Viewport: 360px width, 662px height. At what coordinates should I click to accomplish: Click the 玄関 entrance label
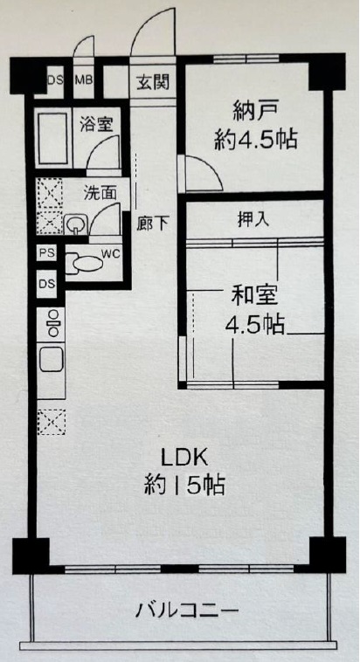click(x=153, y=81)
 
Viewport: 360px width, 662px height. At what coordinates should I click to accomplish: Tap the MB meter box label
click(x=84, y=79)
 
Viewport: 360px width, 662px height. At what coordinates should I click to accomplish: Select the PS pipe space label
click(x=46, y=253)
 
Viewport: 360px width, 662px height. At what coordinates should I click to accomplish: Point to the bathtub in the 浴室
click(x=52, y=137)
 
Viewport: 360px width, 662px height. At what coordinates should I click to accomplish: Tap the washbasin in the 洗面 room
click(x=75, y=224)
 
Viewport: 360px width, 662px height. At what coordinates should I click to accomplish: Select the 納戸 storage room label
click(x=255, y=114)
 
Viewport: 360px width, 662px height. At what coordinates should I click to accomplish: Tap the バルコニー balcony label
click(x=187, y=610)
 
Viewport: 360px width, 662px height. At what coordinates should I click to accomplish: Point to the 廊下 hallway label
click(x=153, y=224)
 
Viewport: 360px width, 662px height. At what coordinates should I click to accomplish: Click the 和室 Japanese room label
click(x=254, y=296)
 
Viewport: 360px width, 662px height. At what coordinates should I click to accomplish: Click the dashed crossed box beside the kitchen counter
click(x=52, y=422)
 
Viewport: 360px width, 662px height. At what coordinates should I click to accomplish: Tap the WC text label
click(x=111, y=254)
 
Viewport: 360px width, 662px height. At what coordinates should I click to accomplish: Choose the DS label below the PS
click(x=47, y=284)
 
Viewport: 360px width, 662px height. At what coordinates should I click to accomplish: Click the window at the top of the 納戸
click(x=246, y=59)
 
